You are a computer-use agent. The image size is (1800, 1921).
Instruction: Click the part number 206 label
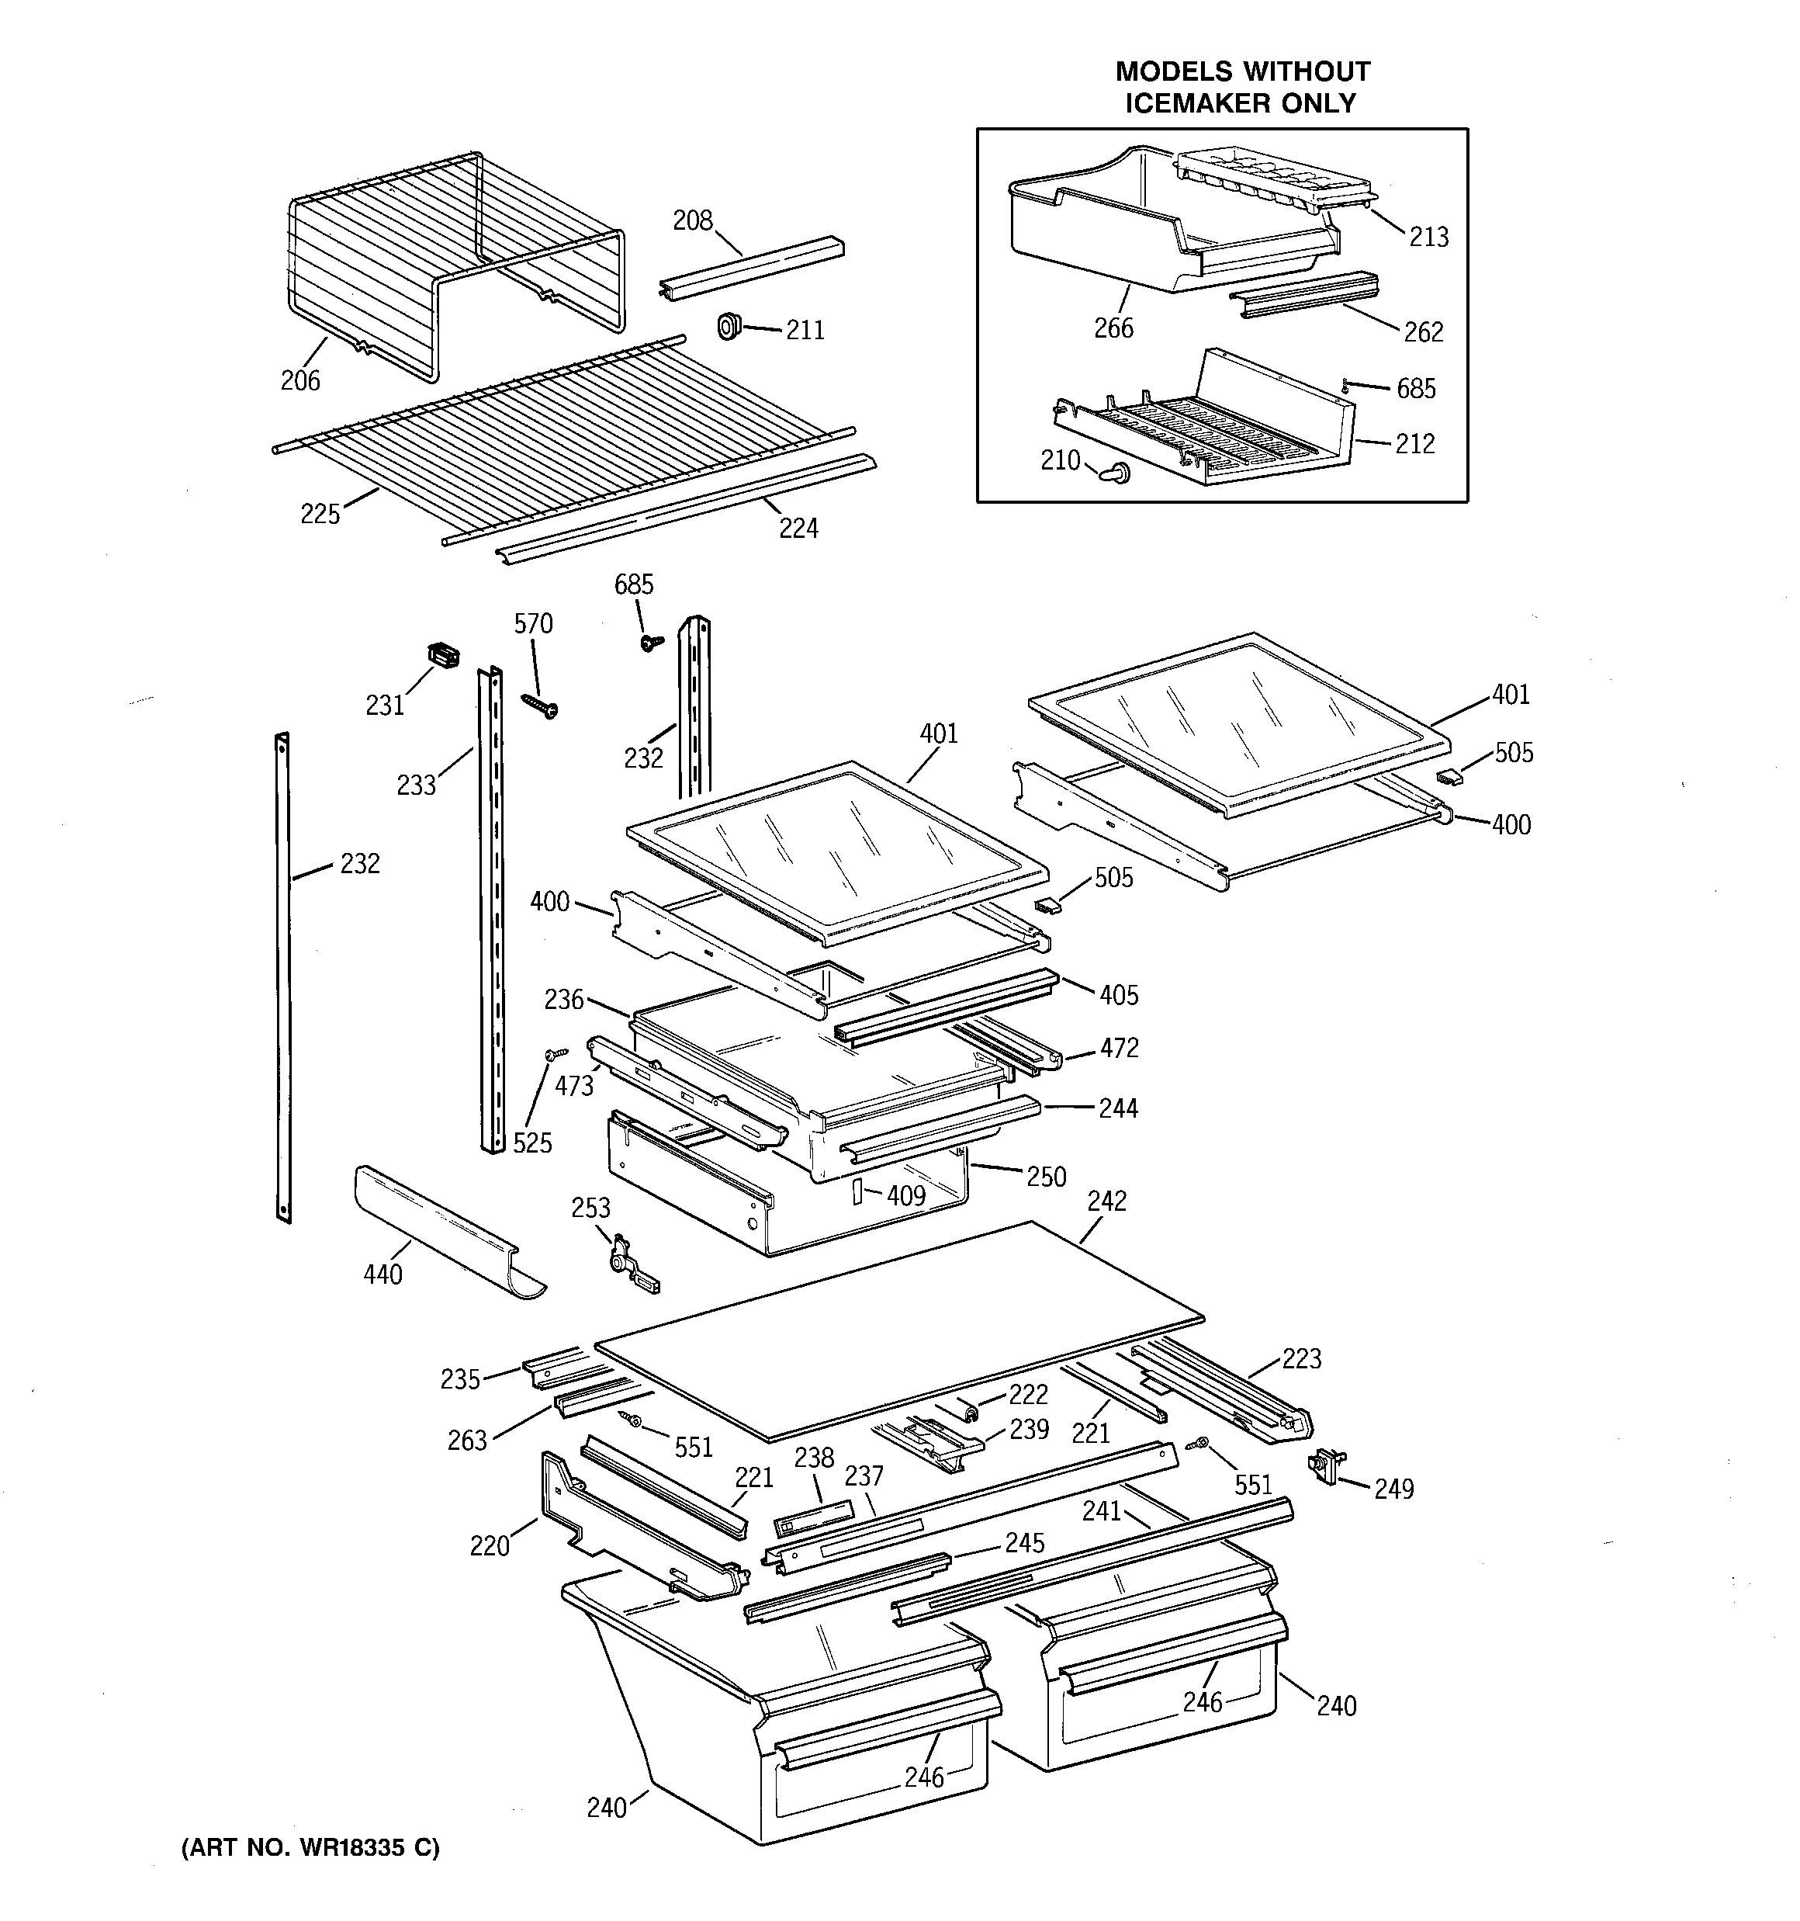(299, 381)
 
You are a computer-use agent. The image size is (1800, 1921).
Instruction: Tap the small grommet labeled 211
(726, 327)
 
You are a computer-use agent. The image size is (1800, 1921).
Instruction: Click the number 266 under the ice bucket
(1113, 328)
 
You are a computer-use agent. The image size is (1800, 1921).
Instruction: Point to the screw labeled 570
(539, 706)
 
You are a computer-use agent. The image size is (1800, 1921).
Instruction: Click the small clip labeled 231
(444, 656)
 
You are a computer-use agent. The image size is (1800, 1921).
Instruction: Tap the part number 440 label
(382, 1274)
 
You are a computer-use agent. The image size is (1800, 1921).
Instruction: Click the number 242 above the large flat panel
(1106, 1201)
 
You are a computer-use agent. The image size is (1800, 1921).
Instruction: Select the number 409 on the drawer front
(906, 1196)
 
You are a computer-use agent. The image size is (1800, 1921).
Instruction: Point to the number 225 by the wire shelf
(320, 514)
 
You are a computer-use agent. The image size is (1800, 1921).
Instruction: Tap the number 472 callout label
(1119, 1049)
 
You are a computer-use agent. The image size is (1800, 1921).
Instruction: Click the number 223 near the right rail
(1300, 1358)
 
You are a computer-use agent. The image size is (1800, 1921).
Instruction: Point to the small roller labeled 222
(969, 1413)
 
